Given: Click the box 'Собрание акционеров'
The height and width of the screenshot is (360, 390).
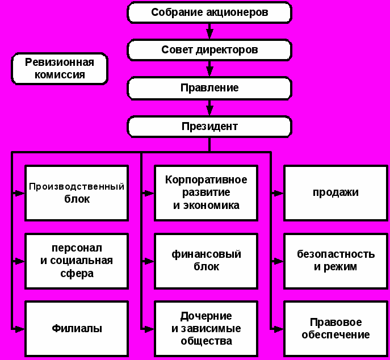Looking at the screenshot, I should (x=209, y=12).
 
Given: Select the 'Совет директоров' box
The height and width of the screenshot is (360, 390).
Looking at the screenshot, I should (x=209, y=50).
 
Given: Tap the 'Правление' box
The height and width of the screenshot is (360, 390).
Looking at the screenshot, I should (x=209, y=88).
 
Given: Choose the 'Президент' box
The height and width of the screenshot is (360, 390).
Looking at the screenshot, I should (x=209, y=126).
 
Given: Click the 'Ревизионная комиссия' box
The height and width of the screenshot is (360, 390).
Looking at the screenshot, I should (x=60, y=68).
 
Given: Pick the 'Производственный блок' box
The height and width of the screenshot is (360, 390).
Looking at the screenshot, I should (x=77, y=192).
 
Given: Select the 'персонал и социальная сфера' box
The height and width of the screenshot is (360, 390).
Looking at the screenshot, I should (x=77, y=261).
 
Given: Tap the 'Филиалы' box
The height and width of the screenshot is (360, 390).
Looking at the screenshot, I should (x=77, y=328).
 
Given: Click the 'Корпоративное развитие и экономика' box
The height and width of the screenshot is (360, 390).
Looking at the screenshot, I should (x=206, y=192).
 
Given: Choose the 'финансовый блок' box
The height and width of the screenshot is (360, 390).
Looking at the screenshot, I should (x=206, y=261).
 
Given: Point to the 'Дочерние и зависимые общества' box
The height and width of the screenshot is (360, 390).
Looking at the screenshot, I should (x=206, y=328).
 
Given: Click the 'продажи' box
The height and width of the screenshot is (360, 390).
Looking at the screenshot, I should (x=335, y=192).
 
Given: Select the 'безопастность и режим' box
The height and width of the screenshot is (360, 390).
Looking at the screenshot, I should (x=335, y=261).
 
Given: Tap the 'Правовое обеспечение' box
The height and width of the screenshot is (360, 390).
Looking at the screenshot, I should (x=335, y=328).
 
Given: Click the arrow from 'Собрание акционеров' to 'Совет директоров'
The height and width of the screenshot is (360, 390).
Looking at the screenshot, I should (x=209, y=31).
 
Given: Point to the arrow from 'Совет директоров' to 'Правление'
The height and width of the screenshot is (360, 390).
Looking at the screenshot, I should (x=209, y=69).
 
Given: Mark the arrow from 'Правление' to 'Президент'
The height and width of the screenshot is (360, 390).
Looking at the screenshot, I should (x=209, y=107).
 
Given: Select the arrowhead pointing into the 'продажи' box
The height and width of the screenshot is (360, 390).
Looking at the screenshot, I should (x=278, y=193).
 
